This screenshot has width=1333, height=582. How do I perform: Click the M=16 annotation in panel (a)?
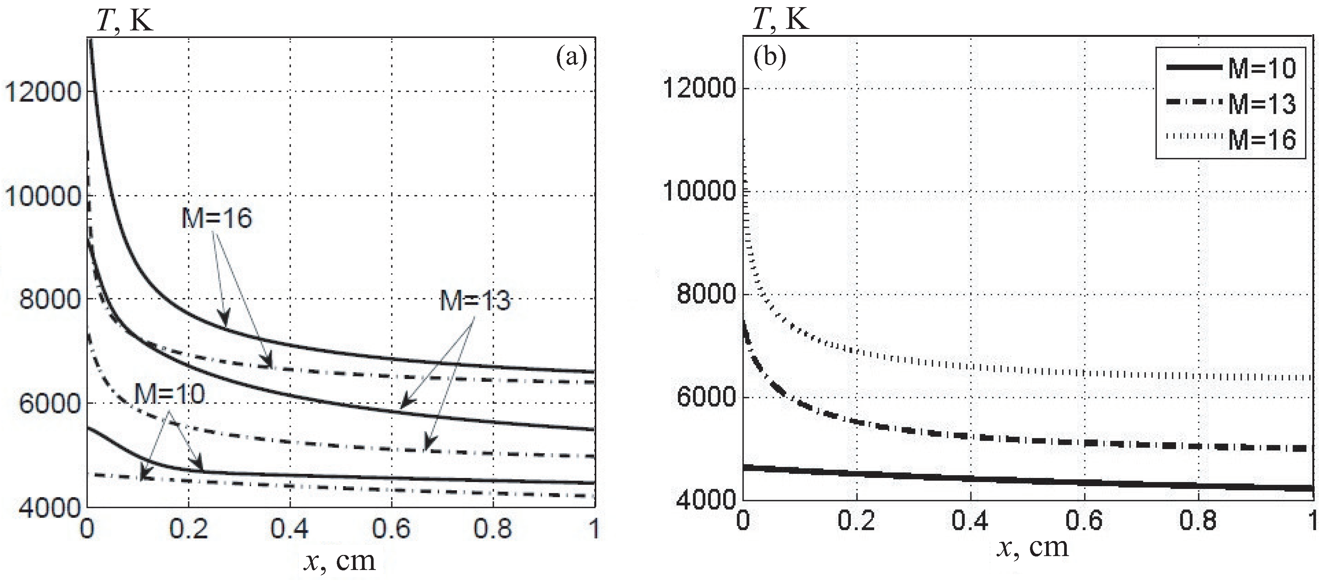[x=216, y=218]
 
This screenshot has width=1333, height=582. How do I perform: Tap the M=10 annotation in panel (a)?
[x=169, y=395]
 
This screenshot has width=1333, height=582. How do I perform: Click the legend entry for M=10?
[x=1262, y=68]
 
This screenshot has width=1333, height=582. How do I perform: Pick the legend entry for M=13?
[x=1262, y=104]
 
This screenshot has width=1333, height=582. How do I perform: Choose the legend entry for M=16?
[x=1262, y=140]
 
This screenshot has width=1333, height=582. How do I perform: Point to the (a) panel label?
[x=571, y=57]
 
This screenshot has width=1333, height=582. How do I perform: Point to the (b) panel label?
[x=769, y=57]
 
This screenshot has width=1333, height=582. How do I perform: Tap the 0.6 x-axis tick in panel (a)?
[x=391, y=529]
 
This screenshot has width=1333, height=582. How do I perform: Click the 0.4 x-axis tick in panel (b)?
[x=970, y=520]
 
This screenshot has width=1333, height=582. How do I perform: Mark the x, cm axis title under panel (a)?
[x=339, y=561]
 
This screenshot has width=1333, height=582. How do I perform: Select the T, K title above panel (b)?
[x=780, y=19]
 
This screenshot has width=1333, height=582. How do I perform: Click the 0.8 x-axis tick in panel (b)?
[x=1197, y=520]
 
